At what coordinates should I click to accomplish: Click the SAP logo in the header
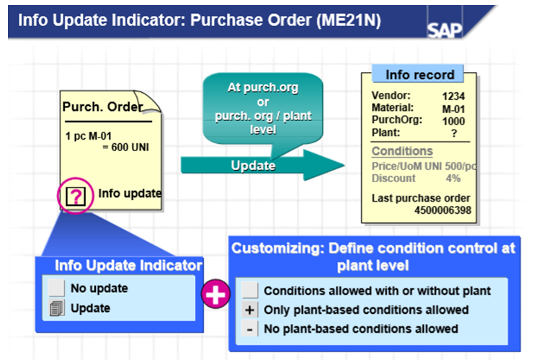[x=445, y=30]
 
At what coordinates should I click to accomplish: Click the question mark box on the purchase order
[x=75, y=195]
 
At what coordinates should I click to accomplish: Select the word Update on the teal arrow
[x=252, y=166]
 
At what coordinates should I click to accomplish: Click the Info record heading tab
[x=419, y=75]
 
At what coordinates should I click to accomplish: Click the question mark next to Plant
[x=454, y=133]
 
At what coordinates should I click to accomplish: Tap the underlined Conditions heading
[x=402, y=151]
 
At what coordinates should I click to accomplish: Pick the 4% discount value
[x=453, y=178]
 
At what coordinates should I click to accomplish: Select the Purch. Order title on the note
[x=102, y=107]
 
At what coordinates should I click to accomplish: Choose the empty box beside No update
[x=56, y=289]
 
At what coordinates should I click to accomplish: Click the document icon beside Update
[x=56, y=308]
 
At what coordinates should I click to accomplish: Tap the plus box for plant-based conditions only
[x=249, y=310]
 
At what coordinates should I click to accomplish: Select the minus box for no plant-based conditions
[x=249, y=328]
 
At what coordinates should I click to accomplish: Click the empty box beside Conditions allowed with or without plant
[x=249, y=291]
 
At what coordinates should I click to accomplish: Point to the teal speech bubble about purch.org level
[x=262, y=105]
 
